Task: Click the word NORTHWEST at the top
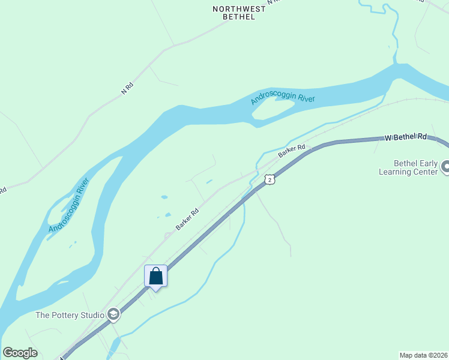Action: [238, 9]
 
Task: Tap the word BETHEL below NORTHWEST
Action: [239, 17]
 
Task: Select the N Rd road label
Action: [127, 88]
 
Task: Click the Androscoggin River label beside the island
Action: [283, 95]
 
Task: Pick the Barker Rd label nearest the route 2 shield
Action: [292, 151]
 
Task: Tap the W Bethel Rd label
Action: [406, 137]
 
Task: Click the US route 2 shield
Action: [270, 179]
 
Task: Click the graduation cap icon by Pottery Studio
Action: [113, 314]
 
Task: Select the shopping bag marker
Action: [155, 277]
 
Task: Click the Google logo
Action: [20, 353]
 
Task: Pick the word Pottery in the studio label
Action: [66, 315]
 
